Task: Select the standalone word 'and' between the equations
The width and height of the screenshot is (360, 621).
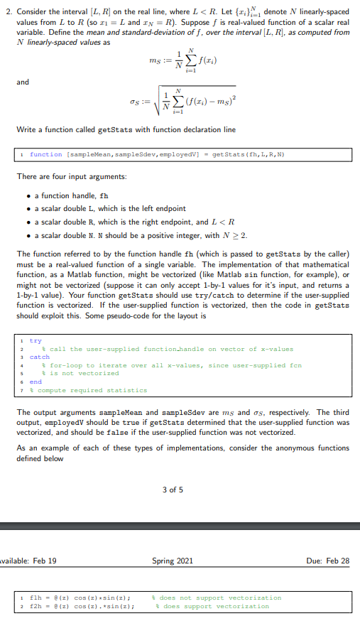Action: point(23,82)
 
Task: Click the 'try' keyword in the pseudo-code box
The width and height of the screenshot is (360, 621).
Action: point(36,341)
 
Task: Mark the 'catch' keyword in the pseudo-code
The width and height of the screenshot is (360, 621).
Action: point(39,357)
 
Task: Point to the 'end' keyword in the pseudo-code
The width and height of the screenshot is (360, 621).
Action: point(36,381)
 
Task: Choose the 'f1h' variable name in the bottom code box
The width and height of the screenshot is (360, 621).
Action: point(34,598)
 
